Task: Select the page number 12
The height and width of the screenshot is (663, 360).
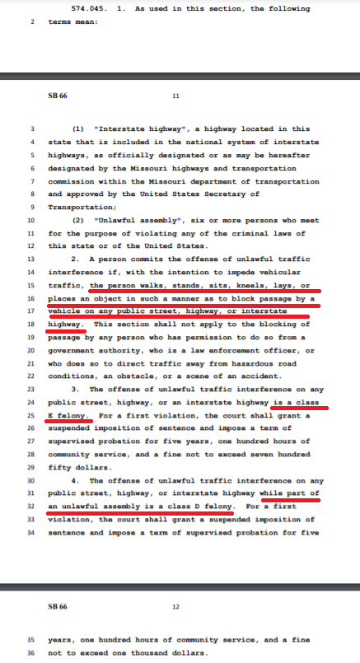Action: click(x=175, y=606)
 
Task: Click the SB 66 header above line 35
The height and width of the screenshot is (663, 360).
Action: click(x=59, y=606)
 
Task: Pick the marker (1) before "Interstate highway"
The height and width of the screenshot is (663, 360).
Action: click(x=80, y=129)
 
